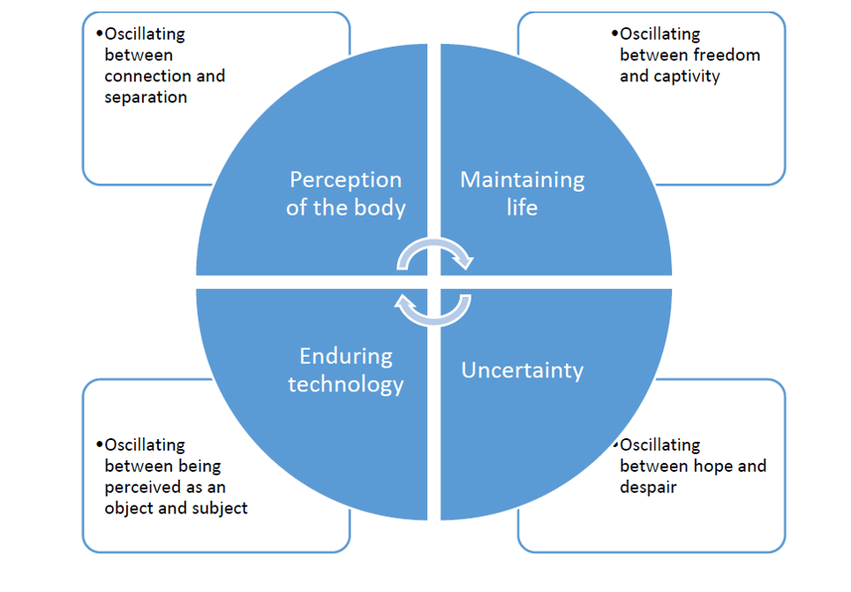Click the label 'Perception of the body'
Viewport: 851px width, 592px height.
pos(345,194)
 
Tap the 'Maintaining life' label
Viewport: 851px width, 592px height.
pos(522,194)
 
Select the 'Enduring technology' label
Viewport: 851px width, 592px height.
pos(345,370)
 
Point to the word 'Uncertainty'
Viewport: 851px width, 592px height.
pos(522,369)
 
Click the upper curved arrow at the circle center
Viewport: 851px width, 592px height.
pos(434,254)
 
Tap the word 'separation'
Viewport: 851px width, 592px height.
pos(146,97)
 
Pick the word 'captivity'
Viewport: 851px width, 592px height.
pos(687,76)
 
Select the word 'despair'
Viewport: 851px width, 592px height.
pos(648,487)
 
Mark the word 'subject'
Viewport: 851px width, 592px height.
pos(218,508)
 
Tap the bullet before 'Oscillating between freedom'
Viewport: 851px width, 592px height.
pos(615,34)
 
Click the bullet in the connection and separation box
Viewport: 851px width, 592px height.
pos(100,34)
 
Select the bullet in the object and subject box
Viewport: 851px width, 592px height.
pos(100,444)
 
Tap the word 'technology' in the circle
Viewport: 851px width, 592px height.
pos(345,384)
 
